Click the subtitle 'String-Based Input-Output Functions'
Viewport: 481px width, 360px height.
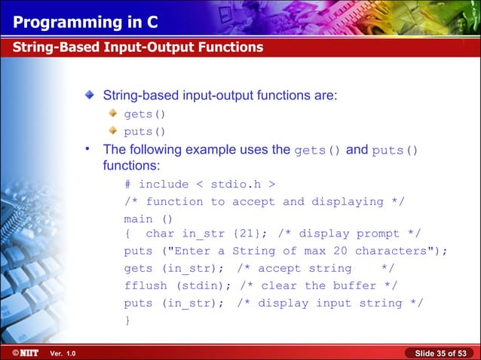pyautogui.click(x=137, y=47)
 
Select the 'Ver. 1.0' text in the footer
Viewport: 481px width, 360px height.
pyautogui.click(x=62, y=353)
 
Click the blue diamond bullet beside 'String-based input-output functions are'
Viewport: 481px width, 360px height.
pyautogui.click(x=90, y=96)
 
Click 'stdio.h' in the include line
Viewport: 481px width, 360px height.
pyautogui.click(x=231, y=185)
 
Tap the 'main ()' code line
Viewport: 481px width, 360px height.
pyautogui.click(x=149, y=219)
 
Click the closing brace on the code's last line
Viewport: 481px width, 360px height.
pyautogui.click(x=127, y=320)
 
